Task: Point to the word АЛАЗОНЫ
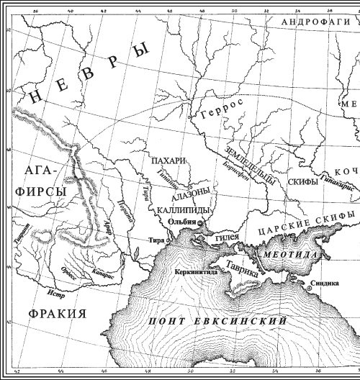(x=191, y=193)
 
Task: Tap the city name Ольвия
(x=181, y=222)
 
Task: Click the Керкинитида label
(x=196, y=273)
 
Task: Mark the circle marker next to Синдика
(x=310, y=287)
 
